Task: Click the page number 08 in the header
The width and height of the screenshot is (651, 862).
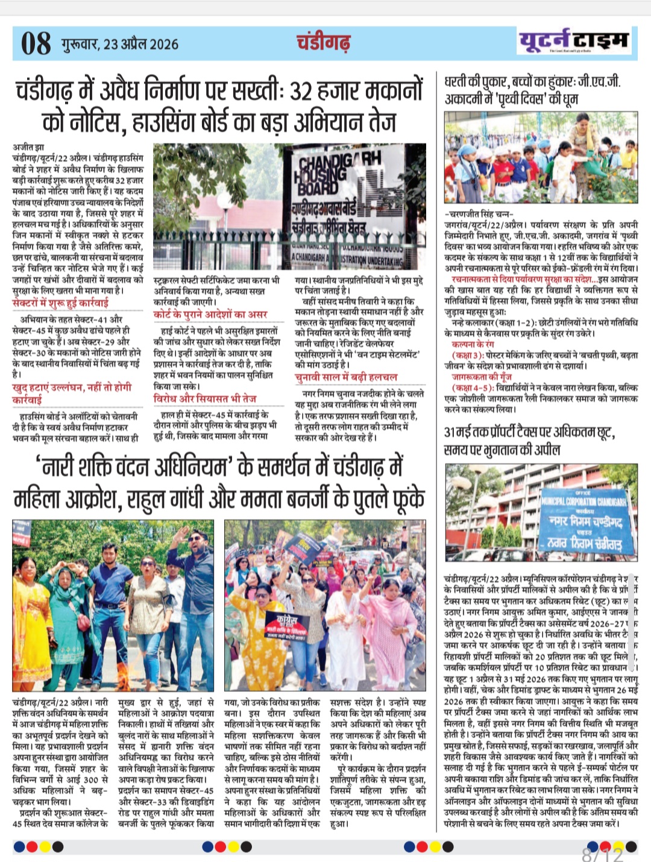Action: (x=36, y=43)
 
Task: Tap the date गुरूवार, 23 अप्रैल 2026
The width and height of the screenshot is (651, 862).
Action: (x=119, y=44)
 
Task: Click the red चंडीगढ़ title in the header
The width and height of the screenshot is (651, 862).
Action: (x=324, y=43)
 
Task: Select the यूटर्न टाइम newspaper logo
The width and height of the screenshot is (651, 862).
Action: (x=573, y=41)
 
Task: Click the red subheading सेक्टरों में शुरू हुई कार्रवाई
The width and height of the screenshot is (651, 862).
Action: (x=60, y=303)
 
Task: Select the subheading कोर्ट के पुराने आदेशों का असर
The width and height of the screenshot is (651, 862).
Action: (x=210, y=314)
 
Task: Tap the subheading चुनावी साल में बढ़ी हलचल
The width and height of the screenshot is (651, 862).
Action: (x=346, y=377)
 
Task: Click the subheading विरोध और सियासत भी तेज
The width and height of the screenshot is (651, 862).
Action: (x=205, y=398)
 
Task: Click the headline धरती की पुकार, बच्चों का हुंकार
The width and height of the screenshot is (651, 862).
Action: (x=533, y=90)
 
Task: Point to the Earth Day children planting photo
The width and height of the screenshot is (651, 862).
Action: (x=541, y=158)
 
